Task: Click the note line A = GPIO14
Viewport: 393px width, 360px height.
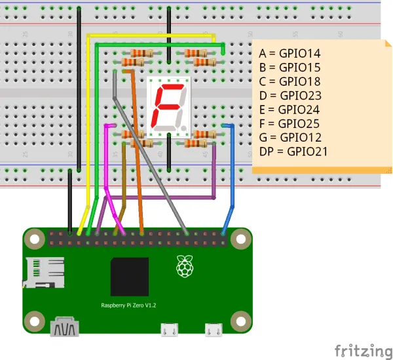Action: click(290, 54)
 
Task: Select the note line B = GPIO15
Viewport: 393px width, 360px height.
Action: click(290, 68)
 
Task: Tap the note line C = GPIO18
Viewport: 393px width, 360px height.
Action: click(290, 81)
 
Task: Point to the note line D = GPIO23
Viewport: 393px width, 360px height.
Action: click(290, 96)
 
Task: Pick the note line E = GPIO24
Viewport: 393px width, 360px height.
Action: click(290, 110)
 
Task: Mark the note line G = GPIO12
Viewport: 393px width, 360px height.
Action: click(290, 137)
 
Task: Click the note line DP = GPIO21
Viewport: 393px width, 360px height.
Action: click(293, 151)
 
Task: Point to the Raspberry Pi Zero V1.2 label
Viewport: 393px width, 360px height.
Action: click(128, 306)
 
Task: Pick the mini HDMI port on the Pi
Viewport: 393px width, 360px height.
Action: click(65, 326)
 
